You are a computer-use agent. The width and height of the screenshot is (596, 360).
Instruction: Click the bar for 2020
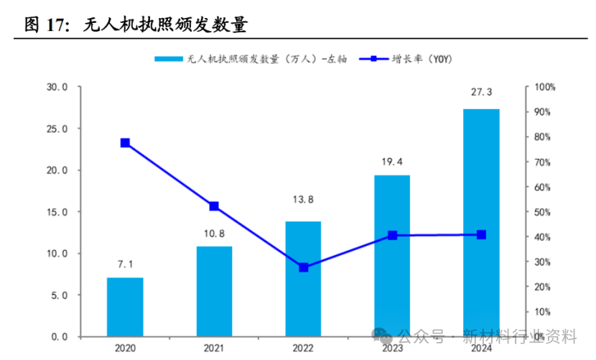125,307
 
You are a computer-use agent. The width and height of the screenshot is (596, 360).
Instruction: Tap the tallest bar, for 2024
481,223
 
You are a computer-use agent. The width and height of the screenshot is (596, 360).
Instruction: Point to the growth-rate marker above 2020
125,143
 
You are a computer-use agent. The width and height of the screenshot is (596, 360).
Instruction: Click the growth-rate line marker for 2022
303,267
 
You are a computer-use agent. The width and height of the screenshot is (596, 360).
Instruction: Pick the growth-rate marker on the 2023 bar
392,235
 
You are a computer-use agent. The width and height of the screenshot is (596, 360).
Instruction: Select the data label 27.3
481,93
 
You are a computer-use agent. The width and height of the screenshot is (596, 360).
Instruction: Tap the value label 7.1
125,264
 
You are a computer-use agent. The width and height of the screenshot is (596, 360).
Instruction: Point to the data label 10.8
214,233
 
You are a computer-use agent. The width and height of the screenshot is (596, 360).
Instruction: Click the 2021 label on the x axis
214,349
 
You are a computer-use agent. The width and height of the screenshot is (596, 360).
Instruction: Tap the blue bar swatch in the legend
169,59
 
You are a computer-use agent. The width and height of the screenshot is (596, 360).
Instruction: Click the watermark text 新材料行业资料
520,336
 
